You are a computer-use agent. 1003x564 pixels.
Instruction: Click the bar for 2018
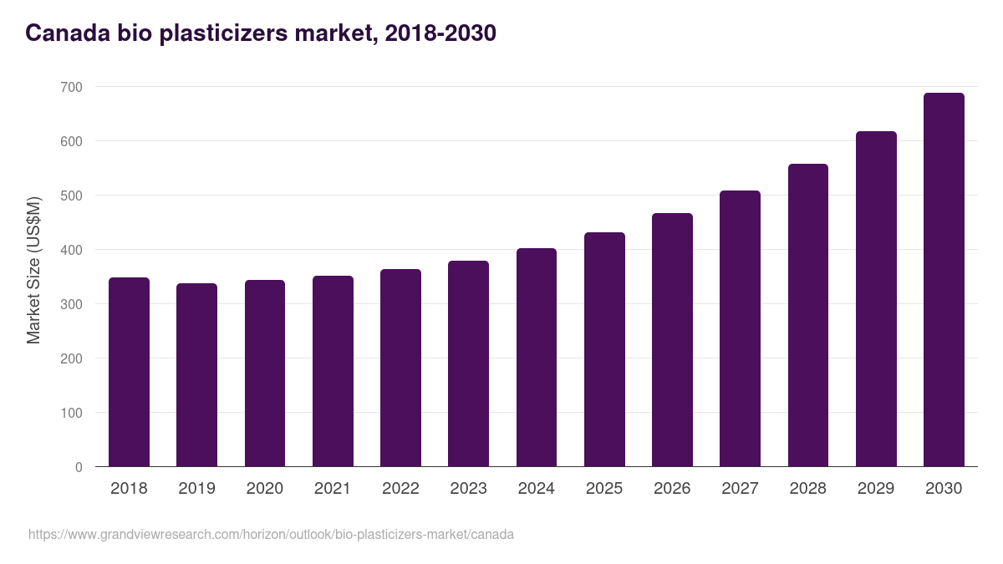(129, 372)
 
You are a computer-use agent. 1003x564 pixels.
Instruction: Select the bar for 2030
(944, 280)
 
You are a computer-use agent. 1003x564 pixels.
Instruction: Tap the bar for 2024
(537, 358)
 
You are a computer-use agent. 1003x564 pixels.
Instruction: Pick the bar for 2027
(740, 328)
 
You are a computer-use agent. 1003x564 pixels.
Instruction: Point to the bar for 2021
(333, 371)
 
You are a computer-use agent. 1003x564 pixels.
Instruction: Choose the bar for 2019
(196, 375)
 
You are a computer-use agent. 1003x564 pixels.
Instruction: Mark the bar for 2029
(876, 299)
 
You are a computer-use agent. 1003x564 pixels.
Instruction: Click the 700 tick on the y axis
(71, 87)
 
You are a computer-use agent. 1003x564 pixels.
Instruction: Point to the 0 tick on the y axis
(79, 467)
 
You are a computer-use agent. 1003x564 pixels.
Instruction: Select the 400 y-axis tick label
(71, 250)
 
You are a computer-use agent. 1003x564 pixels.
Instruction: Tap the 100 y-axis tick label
(71, 413)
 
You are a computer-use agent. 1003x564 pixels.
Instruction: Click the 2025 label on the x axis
(604, 489)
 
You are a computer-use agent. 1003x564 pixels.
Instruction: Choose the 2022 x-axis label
(400, 489)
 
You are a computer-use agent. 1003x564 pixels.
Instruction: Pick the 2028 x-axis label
(807, 489)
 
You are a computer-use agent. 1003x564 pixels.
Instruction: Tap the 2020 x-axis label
(264, 489)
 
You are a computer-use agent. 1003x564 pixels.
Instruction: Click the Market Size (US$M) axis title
(33, 270)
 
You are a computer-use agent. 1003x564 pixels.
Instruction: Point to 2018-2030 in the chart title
(440, 33)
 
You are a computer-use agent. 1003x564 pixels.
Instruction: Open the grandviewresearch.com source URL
(271, 534)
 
